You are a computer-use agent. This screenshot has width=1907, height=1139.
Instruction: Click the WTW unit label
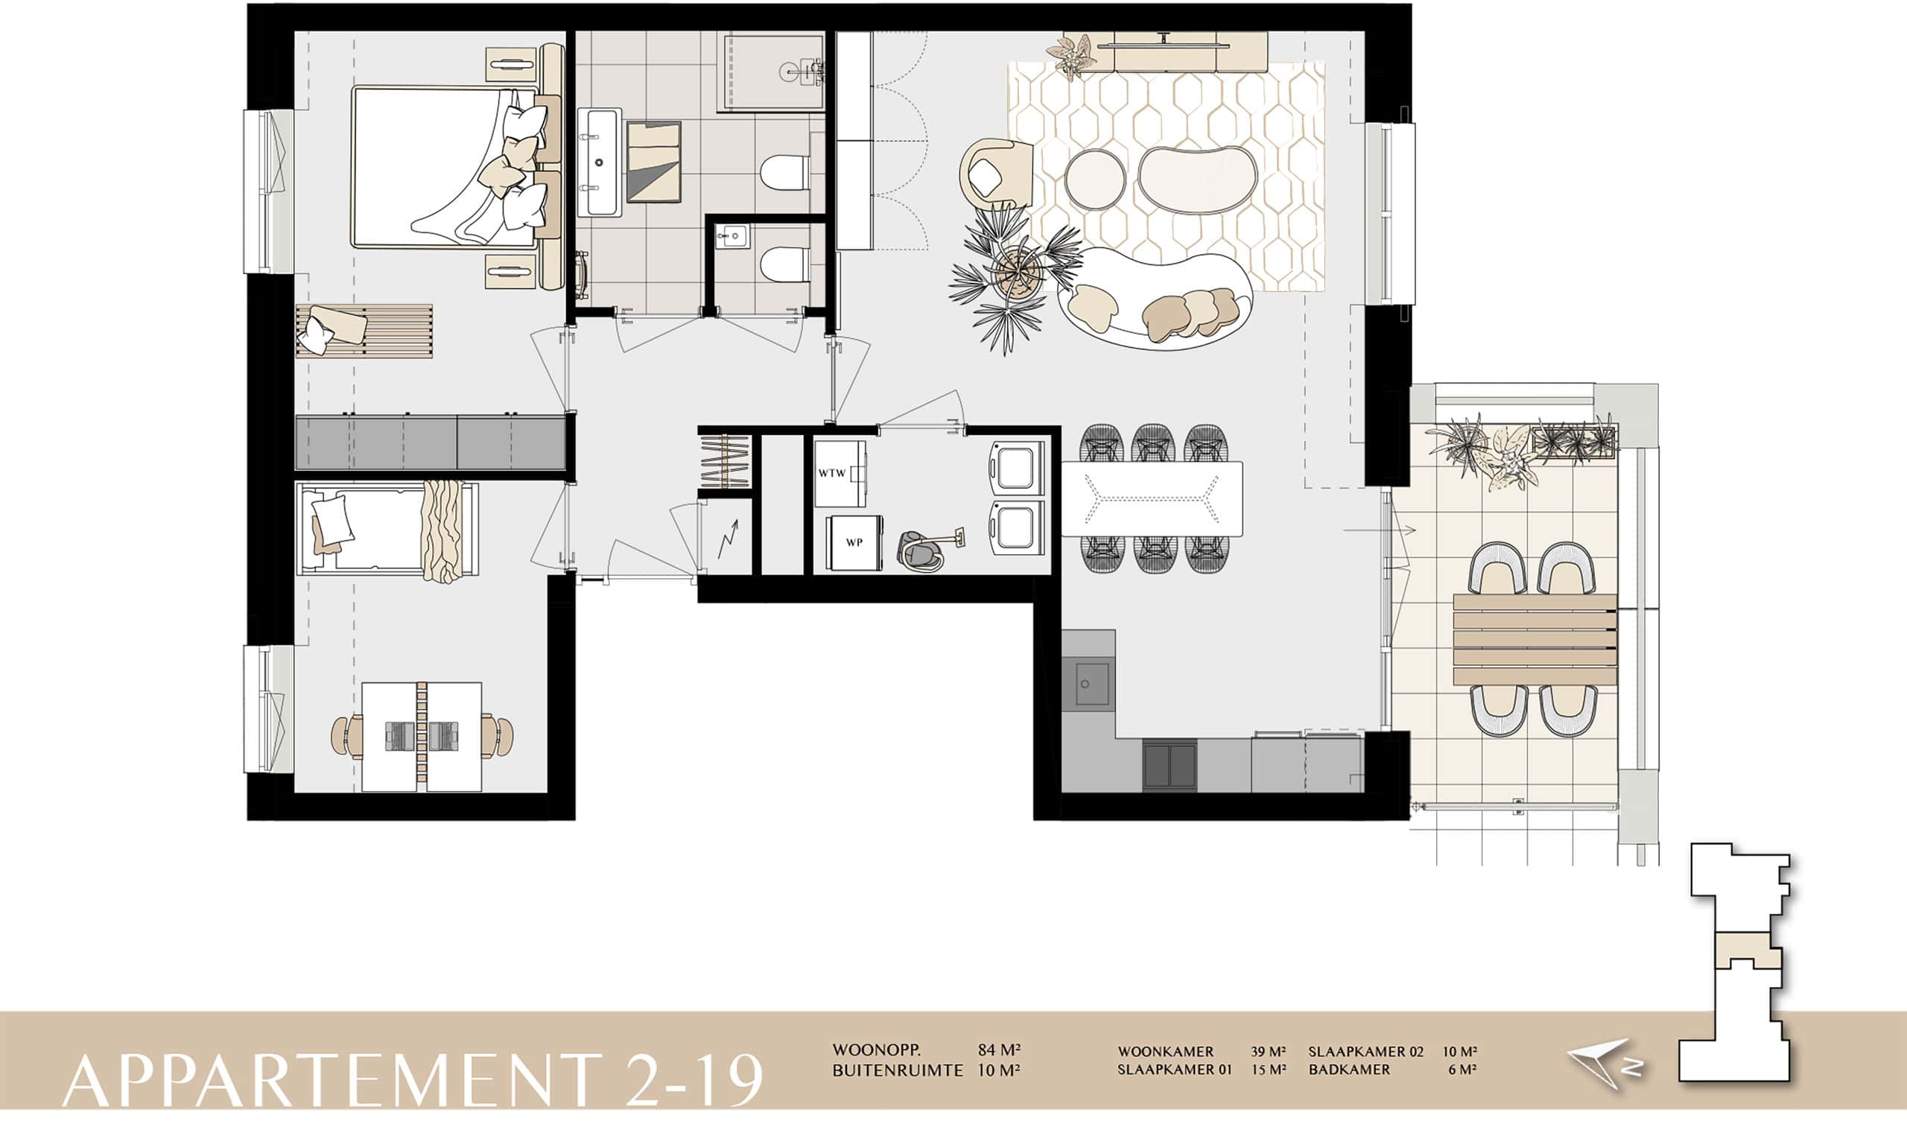coord(831,473)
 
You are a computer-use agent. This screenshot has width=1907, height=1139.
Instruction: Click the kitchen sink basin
coord(1087,683)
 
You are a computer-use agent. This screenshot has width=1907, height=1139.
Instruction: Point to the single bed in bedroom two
coord(387,529)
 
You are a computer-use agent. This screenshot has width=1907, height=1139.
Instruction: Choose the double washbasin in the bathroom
coord(599,162)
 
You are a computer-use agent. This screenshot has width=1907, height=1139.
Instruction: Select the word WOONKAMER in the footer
coord(1165,1052)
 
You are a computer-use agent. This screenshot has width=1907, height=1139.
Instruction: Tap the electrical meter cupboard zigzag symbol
coord(729,539)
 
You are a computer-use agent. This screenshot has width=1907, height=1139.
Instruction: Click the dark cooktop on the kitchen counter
coord(1170,765)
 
